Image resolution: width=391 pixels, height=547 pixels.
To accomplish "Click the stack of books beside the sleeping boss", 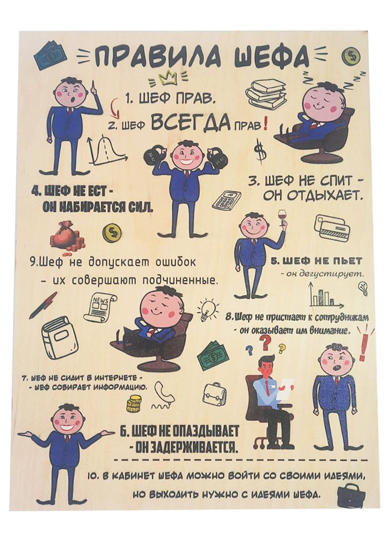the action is coord(266,93).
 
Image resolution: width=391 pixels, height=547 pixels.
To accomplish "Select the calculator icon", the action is coord(226,198).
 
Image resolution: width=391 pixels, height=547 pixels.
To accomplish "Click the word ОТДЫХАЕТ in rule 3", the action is coord(320,196).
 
